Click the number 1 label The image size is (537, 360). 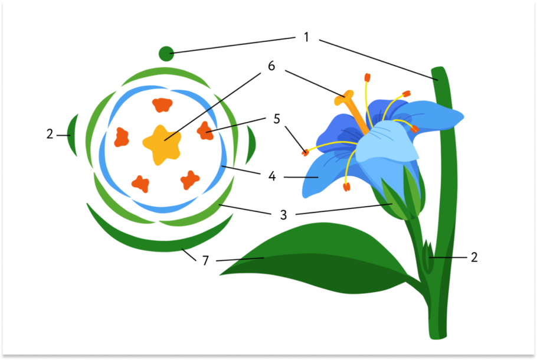click(306, 37)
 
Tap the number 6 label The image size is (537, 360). click(271, 66)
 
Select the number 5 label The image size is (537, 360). click(276, 119)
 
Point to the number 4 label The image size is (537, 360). click(271, 176)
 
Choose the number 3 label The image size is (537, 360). click(283, 215)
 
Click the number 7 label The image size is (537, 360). click(205, 260)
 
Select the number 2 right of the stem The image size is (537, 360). click(474, 257)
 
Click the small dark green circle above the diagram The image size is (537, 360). click(166, 54)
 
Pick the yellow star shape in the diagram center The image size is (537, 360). click(161, 143)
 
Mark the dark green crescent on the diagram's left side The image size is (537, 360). click(73, 135)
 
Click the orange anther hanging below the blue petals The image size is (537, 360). click(346, 187)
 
